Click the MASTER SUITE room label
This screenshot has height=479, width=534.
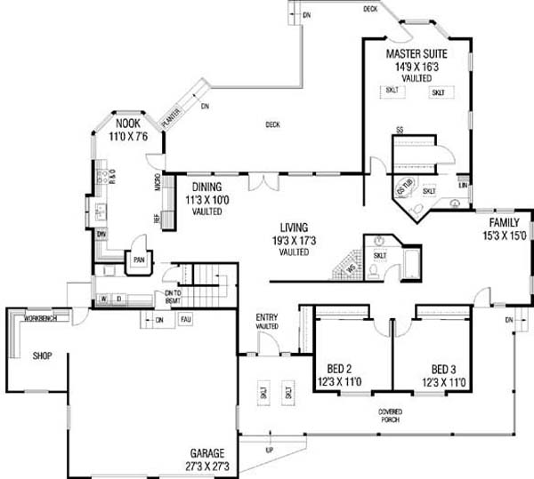tap(416, 53)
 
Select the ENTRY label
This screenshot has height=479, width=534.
tap(267, 317)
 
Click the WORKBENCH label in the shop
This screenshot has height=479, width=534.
tap(42, 317)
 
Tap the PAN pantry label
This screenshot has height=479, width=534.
tap(139, 259)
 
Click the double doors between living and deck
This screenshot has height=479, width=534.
tap(259, 181)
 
